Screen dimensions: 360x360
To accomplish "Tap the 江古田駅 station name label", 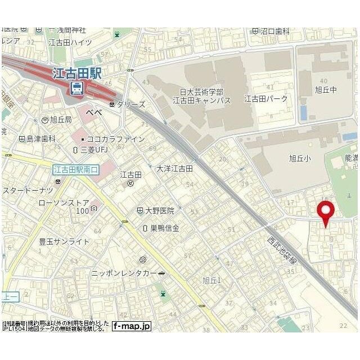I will (x=77, y=74).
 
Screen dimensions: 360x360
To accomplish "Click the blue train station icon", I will (x=76, y=88).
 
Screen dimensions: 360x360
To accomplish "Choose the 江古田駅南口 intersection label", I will (x=75, y=169).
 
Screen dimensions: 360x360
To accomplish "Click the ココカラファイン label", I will (x=108, y=139).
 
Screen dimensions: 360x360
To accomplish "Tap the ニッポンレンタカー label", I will (x=128, y=273).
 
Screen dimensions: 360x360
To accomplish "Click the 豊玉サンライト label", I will (x=64, y=241).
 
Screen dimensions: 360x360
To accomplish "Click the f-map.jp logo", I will (x=131, y=326).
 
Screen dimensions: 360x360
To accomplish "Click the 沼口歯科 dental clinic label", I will (x=274, y=31).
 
